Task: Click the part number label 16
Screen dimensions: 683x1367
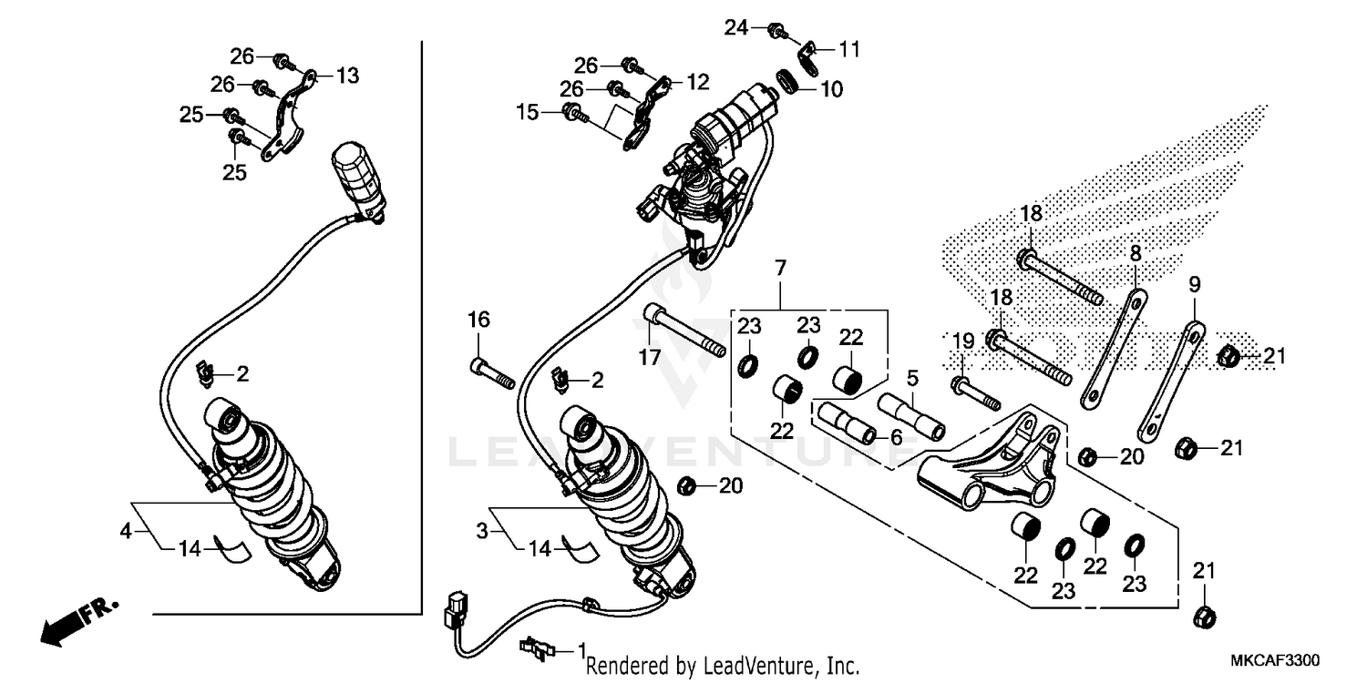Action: (x=479, y=320)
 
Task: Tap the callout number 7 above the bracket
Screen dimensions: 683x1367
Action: (x=780, y=268)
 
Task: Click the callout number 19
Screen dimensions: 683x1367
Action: (x=963, y=341)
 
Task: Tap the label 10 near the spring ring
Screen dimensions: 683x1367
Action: (x=831, y=89)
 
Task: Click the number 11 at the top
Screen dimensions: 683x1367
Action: (x=849, y=49)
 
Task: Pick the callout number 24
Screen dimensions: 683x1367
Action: (x=735, y=28)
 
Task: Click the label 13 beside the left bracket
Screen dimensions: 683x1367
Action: (x=347, y=76)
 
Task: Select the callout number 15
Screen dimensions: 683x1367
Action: (x=528, y=112)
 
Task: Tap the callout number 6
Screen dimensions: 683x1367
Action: (x=896, y=437)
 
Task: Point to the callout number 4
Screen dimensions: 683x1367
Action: (x=127, y=530)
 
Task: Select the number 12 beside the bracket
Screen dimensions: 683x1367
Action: (x=697, y=82)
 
